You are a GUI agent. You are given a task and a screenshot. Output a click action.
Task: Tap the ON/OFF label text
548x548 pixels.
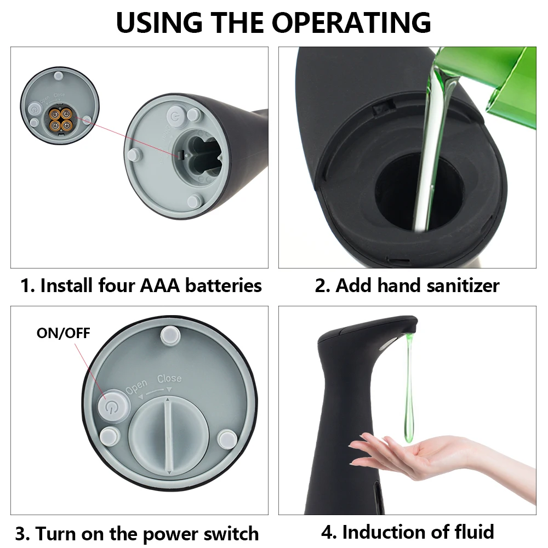[63, 333]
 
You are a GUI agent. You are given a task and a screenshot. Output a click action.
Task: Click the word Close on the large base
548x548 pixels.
[169, 379]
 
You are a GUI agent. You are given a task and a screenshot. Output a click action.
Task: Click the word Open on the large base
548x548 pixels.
[136, 386]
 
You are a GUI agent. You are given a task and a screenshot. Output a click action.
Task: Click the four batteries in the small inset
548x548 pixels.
[60, 119]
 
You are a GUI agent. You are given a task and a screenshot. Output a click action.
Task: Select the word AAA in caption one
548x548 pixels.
[159, 286]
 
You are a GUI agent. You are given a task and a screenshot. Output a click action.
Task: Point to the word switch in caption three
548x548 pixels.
[231, 534]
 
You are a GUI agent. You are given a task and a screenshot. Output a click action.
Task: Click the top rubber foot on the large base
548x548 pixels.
[170, 335]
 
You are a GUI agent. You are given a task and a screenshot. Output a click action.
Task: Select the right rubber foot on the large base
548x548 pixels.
[227, 439]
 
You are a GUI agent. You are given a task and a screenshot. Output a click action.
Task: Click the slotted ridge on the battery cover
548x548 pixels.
[169, 437]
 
